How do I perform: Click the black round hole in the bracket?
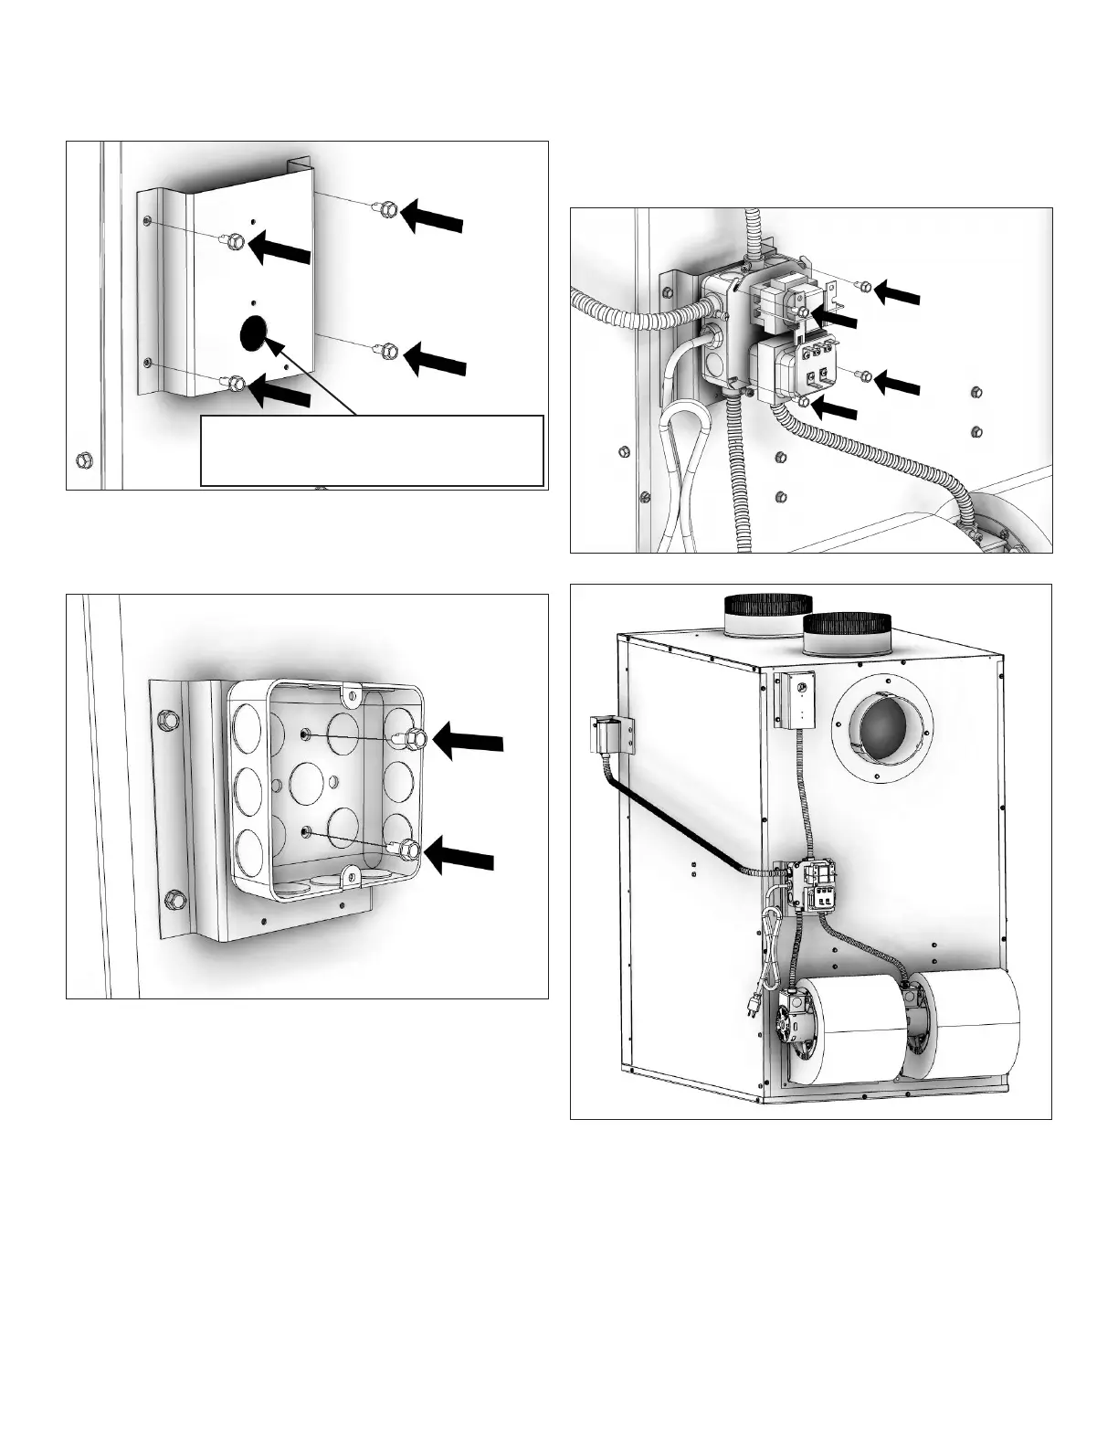[251, 334]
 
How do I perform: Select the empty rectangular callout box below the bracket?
[372, 450]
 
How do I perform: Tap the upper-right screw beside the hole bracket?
[388, 209]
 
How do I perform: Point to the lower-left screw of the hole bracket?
[237, 382]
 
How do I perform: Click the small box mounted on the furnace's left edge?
[606, 734]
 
